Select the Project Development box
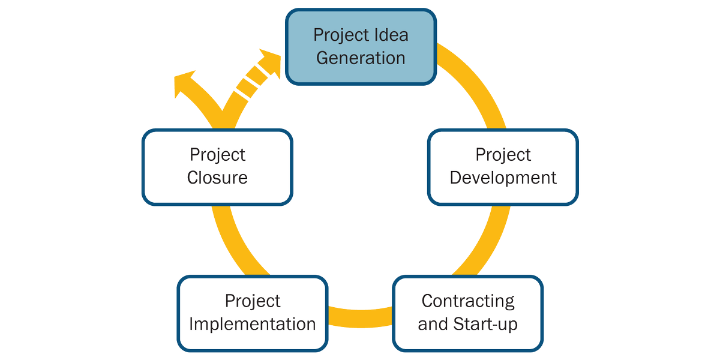[503, 166]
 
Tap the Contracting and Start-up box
[468, 313]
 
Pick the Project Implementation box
[253, 313]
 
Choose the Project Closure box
[217, 166]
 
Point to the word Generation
[361, 58]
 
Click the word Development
[503, 178]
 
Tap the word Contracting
[468, 301]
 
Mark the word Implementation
[253, 325]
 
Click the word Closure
[217, 178]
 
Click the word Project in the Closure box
[217, 155]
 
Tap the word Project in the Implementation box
[253, 301]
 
